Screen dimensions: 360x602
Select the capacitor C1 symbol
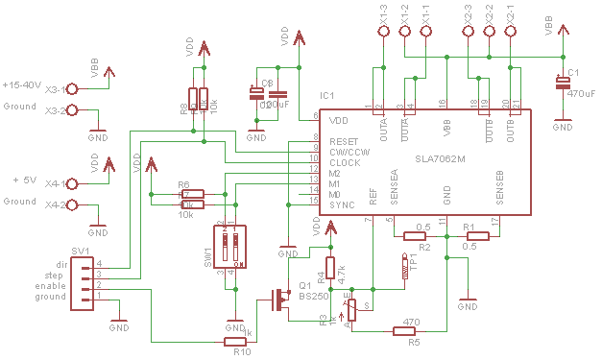pos(564,84)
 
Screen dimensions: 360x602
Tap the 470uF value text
pos(581,94)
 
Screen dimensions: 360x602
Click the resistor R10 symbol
pos(236,341)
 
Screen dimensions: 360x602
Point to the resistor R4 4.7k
pos(330,268)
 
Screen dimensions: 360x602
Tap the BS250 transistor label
pos(314,298)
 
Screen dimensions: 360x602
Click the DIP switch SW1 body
pos(229,247)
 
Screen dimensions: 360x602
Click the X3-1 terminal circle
pos(70,88)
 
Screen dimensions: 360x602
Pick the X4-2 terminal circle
pos(70,205)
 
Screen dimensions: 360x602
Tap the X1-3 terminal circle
pos(383,32)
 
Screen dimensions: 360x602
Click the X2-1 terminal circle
pos(511,32)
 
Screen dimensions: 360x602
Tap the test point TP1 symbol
pos(404,267)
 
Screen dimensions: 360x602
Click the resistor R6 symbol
pos(193,193)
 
